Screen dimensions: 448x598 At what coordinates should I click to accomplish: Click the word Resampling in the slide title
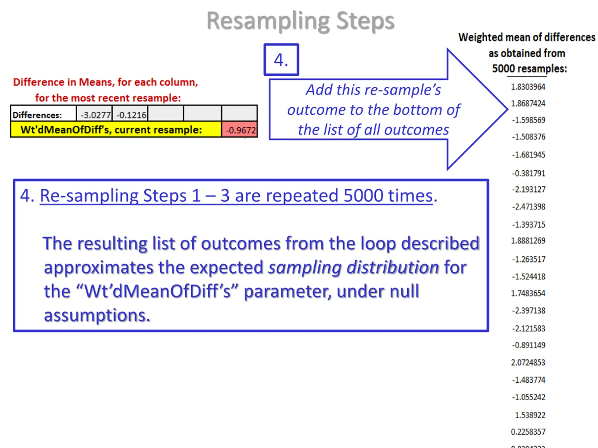pos(268,21)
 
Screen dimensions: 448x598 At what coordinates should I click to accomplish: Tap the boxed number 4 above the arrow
pos(281,60)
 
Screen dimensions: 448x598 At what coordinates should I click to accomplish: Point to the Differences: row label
pos(37,115)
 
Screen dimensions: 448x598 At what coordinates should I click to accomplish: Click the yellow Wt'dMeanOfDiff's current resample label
pos(111,130)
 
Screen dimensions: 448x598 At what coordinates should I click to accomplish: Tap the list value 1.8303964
pos(528,87)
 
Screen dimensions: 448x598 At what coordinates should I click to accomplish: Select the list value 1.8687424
pos(528,103)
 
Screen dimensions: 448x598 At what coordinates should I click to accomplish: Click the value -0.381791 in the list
pos(529,173)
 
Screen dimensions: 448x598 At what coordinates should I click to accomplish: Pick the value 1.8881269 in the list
pos(528,241)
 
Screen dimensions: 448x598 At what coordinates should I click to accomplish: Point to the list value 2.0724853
pos(528,362)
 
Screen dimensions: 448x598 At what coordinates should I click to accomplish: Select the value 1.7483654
pos(528,293)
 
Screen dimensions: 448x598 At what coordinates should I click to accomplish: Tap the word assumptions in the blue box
pos(97,315)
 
